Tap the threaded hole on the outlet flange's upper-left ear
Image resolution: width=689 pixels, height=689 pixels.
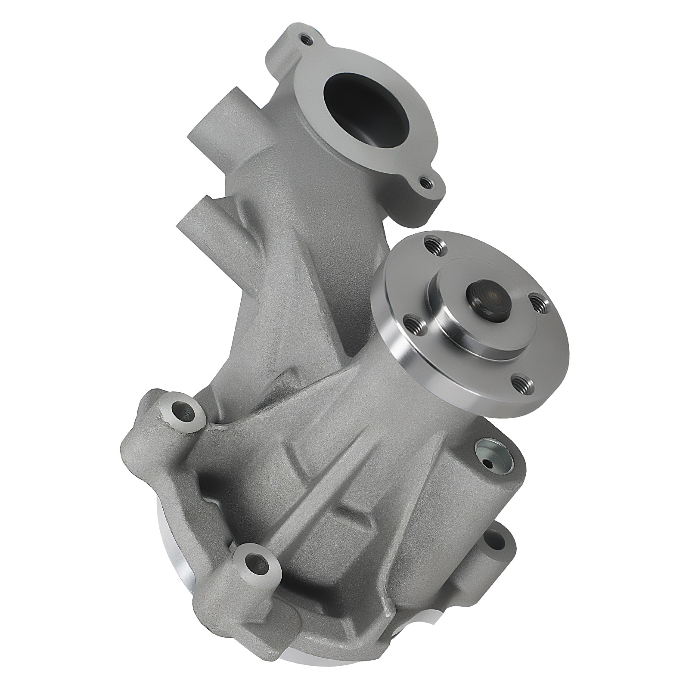307,40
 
